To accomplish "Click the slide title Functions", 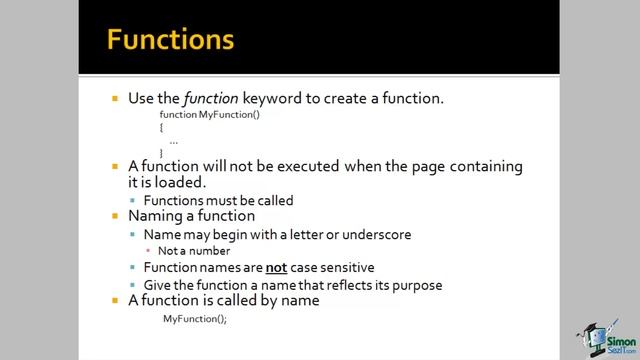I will (170, 40).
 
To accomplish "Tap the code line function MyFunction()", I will (209, 116).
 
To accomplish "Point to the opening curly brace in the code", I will (161, 128).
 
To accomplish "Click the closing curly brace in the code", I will (161, 152).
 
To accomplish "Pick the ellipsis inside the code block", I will (173, 141).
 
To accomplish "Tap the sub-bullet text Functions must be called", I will (218, 200).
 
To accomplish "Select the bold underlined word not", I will (276, 268).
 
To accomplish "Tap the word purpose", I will (416, 284).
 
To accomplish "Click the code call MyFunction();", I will (195, 319).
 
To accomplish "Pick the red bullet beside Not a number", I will (148, 251).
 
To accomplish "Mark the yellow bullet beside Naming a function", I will (116, 216).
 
